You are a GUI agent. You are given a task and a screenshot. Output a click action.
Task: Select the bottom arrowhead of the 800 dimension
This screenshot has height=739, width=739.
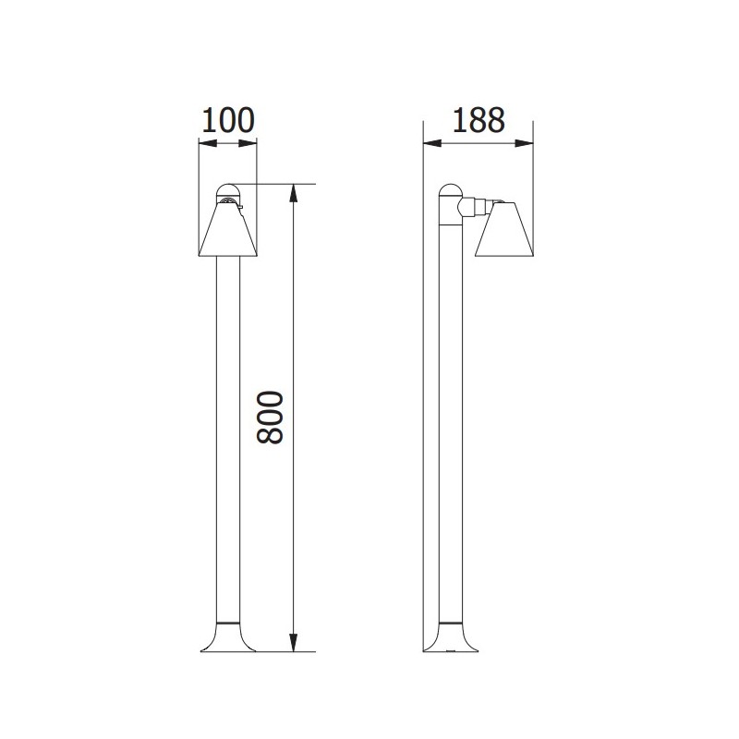(x=293, y=646)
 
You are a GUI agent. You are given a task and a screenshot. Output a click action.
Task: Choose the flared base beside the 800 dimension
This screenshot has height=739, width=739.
(x=227, y=638)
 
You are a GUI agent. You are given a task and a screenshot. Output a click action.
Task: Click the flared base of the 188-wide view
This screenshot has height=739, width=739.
(x=450, y=638)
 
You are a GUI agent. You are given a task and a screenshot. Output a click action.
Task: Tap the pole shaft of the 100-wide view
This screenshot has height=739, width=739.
(x=227, y=434)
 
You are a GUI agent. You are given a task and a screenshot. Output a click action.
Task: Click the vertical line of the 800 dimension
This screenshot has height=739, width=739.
(x=293, y=517)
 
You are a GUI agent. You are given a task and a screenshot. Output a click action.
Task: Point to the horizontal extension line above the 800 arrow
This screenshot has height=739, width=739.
(x=277, y=185)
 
